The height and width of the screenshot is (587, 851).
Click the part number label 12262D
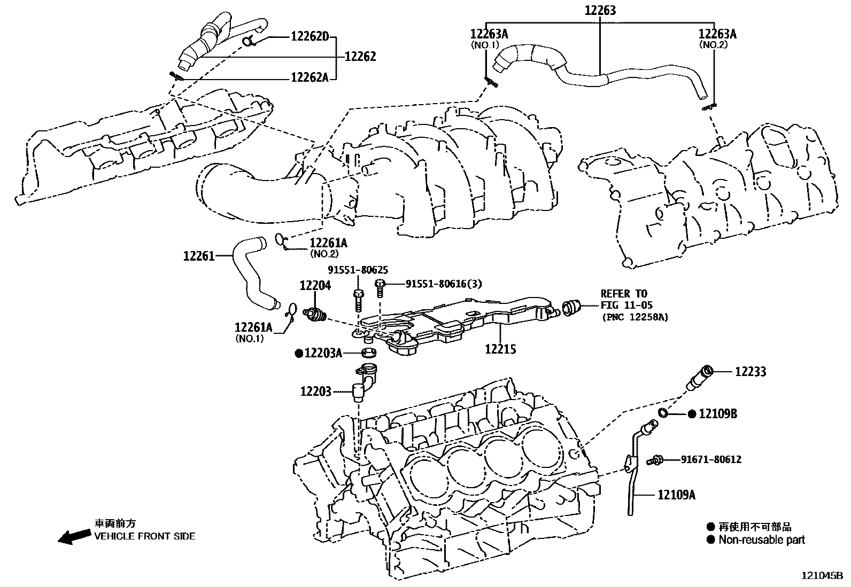[x=309, y=37]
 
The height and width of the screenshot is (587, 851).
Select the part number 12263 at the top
[x=600, y=10]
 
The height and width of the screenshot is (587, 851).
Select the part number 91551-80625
[x=358, y=270]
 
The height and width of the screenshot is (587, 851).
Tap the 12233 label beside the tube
[x=750, y=372]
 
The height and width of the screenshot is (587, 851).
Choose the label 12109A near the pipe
[x=676, y=495]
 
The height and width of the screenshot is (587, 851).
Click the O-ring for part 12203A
[x=369, y=353]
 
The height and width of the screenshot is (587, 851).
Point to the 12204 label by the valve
[x=315, y=285]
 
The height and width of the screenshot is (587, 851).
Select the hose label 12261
[x=199, y=256]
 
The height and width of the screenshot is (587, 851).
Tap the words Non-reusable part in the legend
[x=761, y=539]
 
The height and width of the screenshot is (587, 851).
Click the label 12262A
[x=310, y=77]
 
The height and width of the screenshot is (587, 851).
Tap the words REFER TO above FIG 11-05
[x=624, y=293]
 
